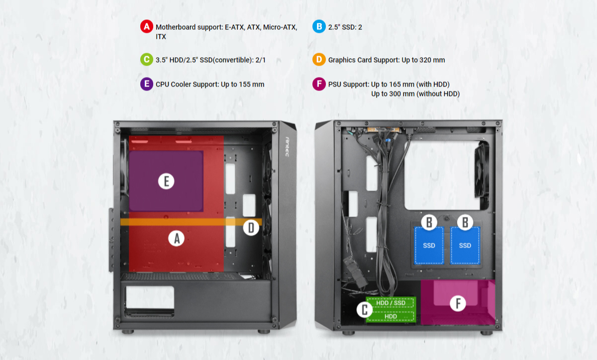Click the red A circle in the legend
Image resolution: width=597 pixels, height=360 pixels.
147,26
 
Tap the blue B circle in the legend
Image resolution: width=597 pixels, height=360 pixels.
319,26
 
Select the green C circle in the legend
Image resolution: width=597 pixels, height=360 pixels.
147,60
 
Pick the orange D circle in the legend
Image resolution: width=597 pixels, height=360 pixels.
319,60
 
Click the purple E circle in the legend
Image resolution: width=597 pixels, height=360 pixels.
147,84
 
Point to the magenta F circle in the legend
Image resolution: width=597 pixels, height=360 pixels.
319,84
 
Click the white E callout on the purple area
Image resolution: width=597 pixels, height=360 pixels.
166,181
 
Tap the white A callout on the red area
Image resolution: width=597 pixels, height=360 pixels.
177,238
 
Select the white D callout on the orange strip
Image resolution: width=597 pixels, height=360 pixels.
251,228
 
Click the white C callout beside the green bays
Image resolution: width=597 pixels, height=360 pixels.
365,310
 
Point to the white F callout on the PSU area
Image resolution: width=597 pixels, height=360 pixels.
458,303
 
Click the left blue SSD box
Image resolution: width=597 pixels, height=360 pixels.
429,246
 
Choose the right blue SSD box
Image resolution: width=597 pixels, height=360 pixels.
465,246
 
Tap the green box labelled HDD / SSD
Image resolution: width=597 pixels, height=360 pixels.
391,303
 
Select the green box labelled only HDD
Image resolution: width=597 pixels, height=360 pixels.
391,316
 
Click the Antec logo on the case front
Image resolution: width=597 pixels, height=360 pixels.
288,147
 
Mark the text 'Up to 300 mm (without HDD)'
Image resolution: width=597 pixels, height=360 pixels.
415,94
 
